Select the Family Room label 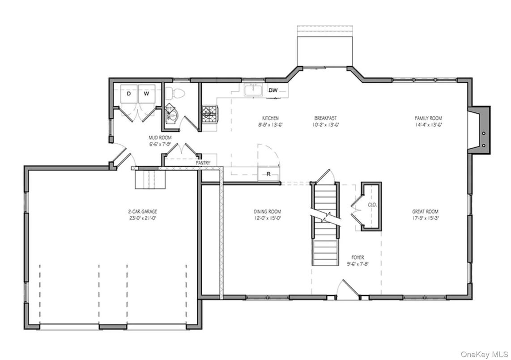pos(428,119)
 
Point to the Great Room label pos(425,212)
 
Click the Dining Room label pos(268,212)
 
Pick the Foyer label pos(358,258)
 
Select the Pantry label pos(203,163)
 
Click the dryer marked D pos(128,94)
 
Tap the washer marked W pos(146,94)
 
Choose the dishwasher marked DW pos(273,90)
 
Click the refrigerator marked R pos(268,174)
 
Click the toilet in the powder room pos(175,93)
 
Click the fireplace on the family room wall pos(482,131)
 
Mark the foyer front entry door pos(348,290)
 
